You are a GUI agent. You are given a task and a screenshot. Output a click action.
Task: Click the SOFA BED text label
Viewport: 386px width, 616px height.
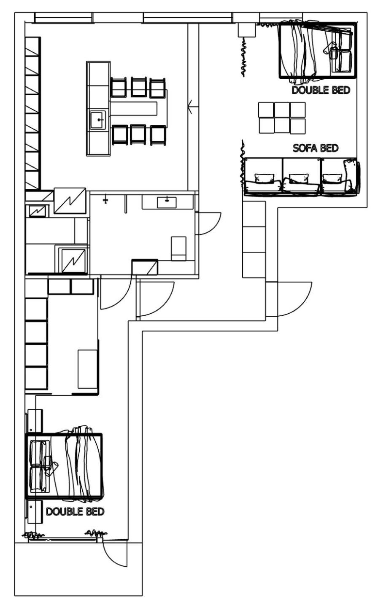pyautogui.click(x=315, y=148)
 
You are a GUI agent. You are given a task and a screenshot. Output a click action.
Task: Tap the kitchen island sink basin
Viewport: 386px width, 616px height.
pyautogui.click(x=98, y=120)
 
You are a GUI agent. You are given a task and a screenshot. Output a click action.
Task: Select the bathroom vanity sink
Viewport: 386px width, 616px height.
pyautogui.click(x=167, y=203)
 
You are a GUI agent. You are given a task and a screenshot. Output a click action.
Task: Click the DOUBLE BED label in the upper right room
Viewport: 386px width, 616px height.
pyautogui.click(x=321, y=90)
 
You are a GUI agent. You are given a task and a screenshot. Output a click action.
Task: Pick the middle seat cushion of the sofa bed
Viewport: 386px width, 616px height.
pyautogui.click(x=302, y=176)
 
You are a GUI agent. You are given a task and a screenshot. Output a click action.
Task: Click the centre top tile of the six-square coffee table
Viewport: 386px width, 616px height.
pyautogui.click(x=282, y=110)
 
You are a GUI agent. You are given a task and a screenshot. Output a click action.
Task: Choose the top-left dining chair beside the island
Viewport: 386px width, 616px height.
pyautogui.click(x=118, y=87)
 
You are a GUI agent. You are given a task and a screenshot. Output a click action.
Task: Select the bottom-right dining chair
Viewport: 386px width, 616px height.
pyautogui.click(x=158, y=135)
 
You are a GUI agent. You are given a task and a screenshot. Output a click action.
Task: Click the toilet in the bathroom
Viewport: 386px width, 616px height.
pyautogui.click(x=178, y=249)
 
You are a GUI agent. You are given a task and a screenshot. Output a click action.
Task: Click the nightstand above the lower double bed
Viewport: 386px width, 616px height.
pyautogui.click(x=35, y=421)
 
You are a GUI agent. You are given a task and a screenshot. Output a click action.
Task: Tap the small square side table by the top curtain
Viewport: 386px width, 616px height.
pyautogui.click(x=247, y=30)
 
